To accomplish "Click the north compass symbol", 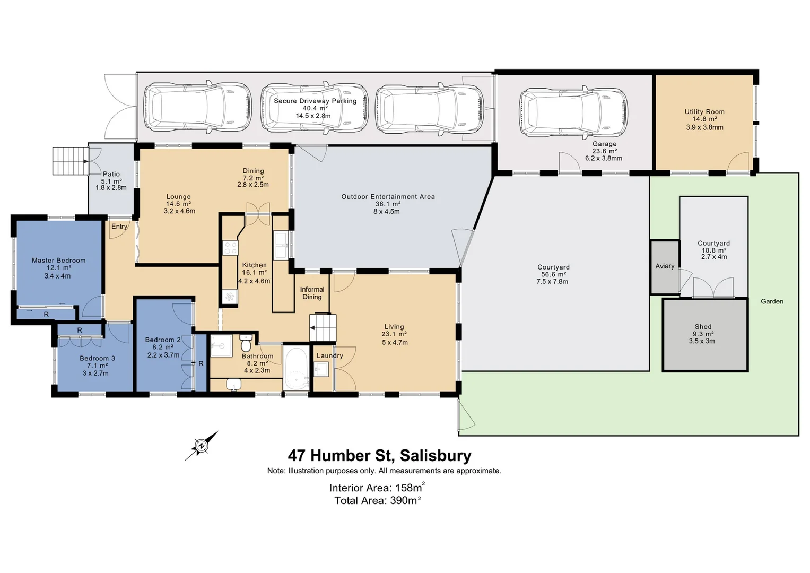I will click(x=202, y=446).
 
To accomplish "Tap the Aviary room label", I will click(x=665, y=266).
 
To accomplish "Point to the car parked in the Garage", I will click(x=573, y=113).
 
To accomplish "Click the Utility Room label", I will click(x=704, y=112).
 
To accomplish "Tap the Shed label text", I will click(x=703, y=327).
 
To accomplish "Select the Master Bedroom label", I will click(x=58, y=261).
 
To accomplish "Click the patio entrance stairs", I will click(x=70, y=161).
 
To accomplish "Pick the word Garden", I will click(x=772, y=301).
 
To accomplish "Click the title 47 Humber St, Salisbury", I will click(x=379, y=456).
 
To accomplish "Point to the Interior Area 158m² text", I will click(x=377, y=488).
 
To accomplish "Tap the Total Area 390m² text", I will click(x=377, y=500).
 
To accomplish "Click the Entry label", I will click(x=119, y=227).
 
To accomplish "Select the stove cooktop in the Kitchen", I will click(x=231, y=248).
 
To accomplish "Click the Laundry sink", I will click(x=321, y=369).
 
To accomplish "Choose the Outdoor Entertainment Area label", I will click(x=388, y=197).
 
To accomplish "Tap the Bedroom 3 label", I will click(x=97, y=359).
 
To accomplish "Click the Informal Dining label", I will click(x=312, y=293).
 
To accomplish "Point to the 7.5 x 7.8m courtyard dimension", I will click(x=552, y=282).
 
